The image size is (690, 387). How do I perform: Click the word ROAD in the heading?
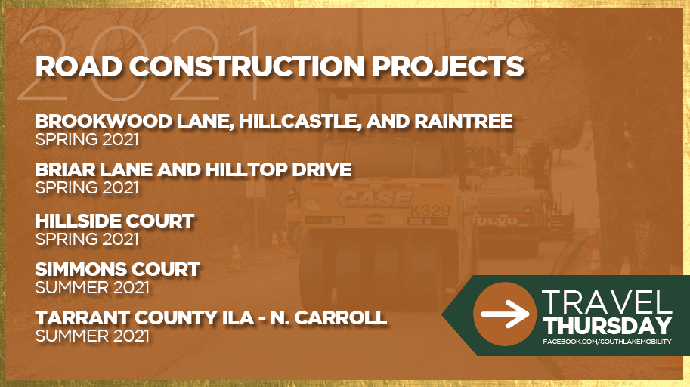(79, 67)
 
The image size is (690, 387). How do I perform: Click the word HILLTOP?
(246, 170)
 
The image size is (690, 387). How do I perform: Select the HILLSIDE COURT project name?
(114, 221)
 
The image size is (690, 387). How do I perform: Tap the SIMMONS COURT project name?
(117, 269)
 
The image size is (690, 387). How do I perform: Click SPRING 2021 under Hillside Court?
(87, 239)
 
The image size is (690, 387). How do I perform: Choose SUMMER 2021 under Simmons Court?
(92, 287)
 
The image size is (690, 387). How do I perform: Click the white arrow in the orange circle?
(505, 314)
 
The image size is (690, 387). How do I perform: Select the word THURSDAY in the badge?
(608, 327)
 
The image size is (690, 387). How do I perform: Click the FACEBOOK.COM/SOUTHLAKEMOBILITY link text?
(608, 342)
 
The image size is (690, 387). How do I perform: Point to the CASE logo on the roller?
(375, 199)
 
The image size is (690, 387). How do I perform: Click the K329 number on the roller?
(430, 211)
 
